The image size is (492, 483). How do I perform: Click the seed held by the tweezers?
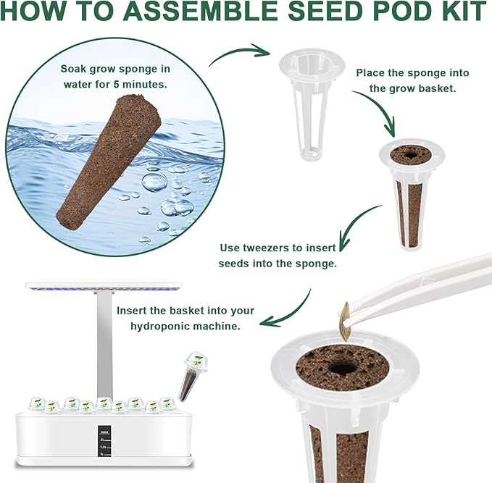[x=347, y=318]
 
